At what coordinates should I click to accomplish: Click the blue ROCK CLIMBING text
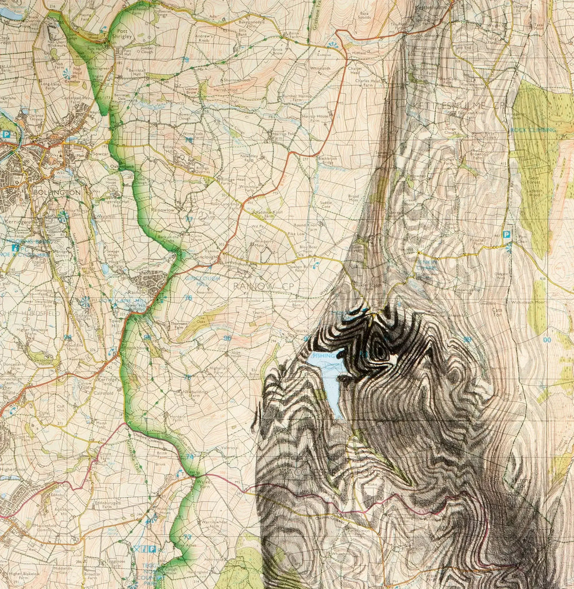pyautogui.click(x=534, y=130)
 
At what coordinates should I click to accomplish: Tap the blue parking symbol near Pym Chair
pyautogui.click(x=506, y=235)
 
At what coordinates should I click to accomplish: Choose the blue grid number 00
pyautogui.click(x=546, y=340)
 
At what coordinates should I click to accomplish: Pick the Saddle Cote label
pyautogui.click(x=325, y=205)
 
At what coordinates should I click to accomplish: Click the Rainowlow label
pyautogui.click(x=163, y=210)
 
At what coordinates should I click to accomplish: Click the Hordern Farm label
pyautogui.click(x=193, y=418)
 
